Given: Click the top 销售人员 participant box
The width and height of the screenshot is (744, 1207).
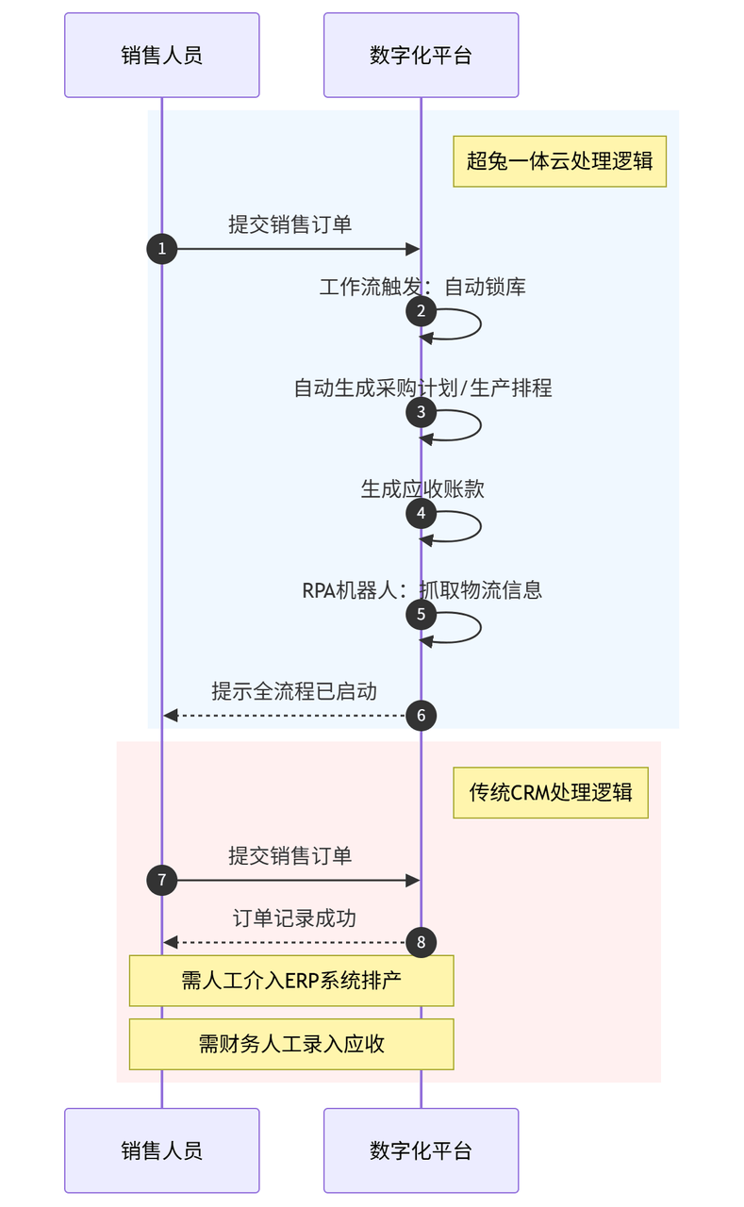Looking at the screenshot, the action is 161,55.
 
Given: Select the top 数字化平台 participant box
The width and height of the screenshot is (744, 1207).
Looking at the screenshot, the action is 421,55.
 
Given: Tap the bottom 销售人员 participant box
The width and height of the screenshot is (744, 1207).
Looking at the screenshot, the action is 161,1149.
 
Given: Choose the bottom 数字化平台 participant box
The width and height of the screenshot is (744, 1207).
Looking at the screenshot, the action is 421,1149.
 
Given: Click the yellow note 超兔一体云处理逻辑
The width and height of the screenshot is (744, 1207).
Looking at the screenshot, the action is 560,161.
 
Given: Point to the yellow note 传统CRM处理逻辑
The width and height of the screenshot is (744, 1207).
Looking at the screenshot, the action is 551,793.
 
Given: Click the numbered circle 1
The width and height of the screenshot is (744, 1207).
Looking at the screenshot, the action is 161,249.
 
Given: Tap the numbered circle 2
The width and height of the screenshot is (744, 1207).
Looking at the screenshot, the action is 421,311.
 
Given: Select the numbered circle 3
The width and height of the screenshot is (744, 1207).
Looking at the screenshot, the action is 421,412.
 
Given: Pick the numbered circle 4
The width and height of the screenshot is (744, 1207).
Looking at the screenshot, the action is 421,513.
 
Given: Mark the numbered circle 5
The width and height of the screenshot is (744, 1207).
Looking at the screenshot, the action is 421,614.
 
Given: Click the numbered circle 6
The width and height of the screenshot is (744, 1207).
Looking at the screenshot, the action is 421,716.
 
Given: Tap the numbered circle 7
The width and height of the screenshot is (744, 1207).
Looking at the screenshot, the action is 161,881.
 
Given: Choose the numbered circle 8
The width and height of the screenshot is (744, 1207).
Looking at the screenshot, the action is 421,942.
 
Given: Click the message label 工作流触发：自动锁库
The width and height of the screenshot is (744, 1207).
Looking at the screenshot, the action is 422,287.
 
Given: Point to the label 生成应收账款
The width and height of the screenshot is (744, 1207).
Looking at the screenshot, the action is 422,489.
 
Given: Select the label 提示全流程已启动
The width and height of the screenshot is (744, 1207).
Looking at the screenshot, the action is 293,691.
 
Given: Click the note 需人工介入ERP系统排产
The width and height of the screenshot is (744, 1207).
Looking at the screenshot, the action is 291,981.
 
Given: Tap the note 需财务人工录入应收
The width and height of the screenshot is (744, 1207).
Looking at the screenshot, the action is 291,1044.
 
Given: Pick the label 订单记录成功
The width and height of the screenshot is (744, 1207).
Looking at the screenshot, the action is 294,918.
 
